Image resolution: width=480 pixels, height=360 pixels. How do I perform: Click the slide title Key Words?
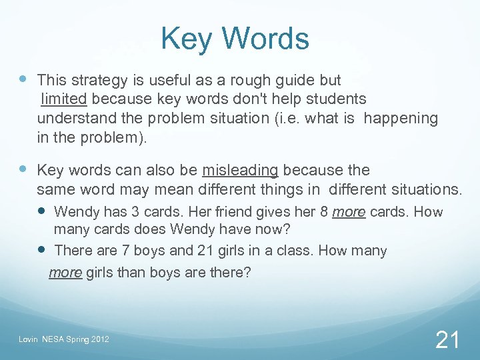(235, 39)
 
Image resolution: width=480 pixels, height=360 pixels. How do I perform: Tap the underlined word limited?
(64, 99)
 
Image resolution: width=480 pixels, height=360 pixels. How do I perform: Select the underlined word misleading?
(240, 170)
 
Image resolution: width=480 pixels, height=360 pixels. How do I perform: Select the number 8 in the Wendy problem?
(324, 213)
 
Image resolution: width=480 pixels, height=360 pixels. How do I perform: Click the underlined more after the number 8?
(349, 213)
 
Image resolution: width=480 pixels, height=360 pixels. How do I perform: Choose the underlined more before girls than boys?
(65, 272)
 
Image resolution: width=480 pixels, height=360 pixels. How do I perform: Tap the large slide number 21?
(447, 340)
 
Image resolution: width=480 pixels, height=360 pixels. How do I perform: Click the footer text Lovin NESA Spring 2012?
(64, 341)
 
